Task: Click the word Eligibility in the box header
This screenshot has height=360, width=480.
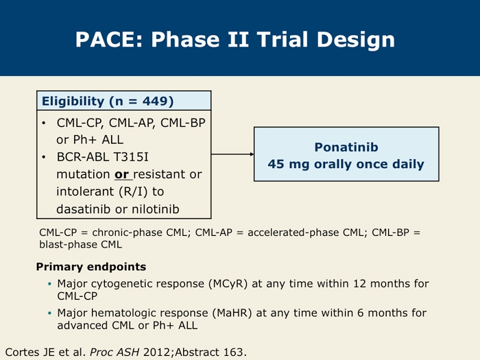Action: click(x=73, y=101)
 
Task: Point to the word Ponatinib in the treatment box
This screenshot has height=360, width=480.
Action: click(x=346, y=147)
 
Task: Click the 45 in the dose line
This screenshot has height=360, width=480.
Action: click(x=276, y=164)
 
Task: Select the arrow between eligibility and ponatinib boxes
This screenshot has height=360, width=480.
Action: click(x=232, y=154)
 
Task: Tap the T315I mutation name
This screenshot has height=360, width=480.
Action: click(x=131, y=157)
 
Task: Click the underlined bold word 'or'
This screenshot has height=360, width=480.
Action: click(x=121, y=174)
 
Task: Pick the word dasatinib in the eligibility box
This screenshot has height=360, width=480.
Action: click(x=83, y=209)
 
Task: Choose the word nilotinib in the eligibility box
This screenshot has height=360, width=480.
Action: click(x=155, y=209)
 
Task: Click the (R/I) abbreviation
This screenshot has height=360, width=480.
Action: click(x=132, y=191)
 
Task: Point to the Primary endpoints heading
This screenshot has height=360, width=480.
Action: click(x=91, y=267)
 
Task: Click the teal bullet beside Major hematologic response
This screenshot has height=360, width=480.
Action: click(x=50, y=313)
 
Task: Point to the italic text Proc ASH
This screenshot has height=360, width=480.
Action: click(x=115, y=352)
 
